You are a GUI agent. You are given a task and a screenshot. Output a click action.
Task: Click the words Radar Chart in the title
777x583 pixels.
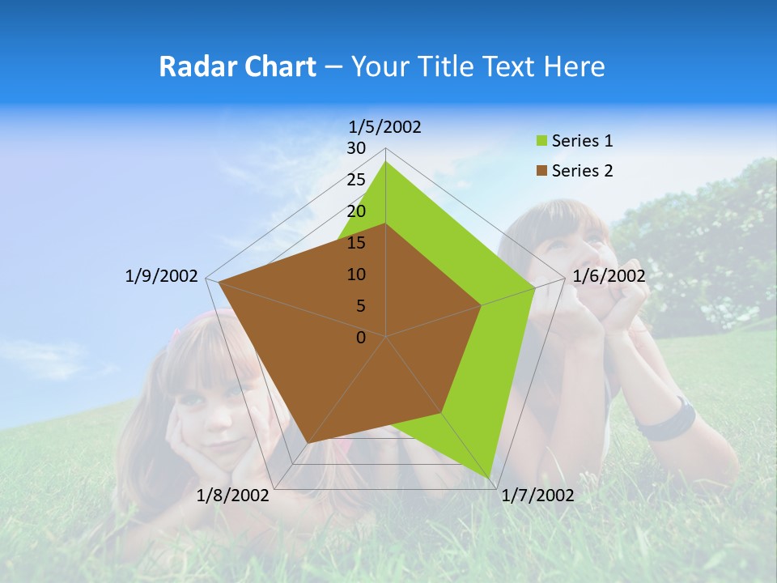click(x=237, y=66)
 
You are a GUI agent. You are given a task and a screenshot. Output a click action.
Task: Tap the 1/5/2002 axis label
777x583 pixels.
click(x=384, y=126)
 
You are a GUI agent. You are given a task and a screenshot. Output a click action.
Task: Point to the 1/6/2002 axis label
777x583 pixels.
click(x=609, y=276)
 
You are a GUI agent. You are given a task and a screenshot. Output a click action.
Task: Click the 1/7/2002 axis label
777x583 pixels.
click(x=537, y=495)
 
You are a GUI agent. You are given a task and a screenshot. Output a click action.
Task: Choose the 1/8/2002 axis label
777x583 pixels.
click(x=233, y=495)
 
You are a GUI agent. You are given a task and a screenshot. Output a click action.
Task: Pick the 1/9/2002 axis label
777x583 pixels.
click(x=162, y=276)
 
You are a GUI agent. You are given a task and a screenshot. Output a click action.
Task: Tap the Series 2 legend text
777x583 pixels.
click(x=582, y=171)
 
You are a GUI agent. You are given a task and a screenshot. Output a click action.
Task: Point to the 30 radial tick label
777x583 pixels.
click(x=356, y=148)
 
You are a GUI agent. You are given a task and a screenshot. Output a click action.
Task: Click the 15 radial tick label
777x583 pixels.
click(x=356, y=243)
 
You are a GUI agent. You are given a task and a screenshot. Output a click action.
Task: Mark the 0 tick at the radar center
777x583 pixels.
click(x=361, y=337)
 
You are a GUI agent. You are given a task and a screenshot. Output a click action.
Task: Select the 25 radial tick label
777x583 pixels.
click(x=356, y=180)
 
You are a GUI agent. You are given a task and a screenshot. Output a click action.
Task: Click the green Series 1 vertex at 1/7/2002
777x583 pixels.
click(x=490, y=478)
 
